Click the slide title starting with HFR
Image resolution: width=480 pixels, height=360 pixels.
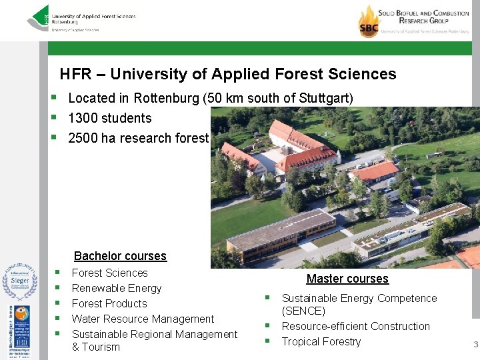227,74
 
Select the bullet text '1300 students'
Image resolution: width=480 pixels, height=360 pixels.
109,118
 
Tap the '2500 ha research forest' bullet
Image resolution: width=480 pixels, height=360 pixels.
138,138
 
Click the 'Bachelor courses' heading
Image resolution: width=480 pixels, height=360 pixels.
120,256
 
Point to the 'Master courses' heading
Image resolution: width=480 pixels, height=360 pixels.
347,279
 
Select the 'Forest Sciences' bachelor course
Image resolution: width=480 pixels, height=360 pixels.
109,273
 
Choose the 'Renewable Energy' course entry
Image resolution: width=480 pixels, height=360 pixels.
117,288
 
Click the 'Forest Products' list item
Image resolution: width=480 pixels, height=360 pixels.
109,303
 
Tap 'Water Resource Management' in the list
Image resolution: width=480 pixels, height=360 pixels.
143,319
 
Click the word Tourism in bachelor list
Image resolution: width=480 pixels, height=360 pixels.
101,347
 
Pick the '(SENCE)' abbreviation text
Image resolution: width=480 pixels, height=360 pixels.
303,311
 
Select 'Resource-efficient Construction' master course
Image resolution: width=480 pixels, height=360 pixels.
355,326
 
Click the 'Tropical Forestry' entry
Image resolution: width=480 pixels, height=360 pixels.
321,341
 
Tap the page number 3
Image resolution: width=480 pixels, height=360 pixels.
475,345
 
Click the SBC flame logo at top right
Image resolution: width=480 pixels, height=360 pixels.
369,21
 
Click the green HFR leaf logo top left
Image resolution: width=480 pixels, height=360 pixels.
39,18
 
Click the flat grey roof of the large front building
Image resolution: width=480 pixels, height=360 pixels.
280,227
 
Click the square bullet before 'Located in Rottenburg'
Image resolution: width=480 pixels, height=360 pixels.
53,98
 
